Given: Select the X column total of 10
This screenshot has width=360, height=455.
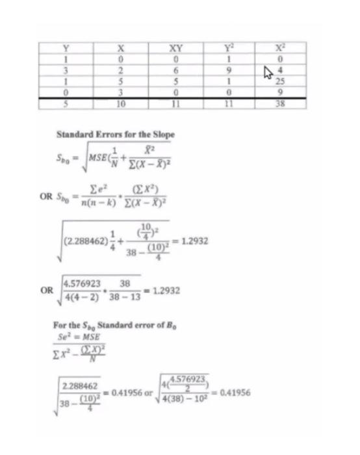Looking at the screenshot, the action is (x=120, y=102).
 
